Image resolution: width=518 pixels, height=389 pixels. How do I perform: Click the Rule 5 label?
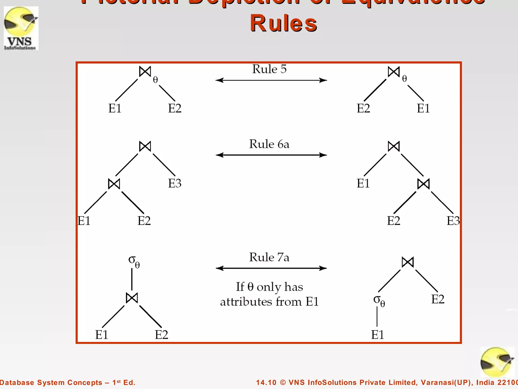(x=269, y=69)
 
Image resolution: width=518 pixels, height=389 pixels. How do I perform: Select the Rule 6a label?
(x=269, y=144)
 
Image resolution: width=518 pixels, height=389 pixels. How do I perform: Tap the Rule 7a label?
(x=269, y=257)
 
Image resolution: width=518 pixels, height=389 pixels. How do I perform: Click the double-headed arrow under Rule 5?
(x=271, y=80)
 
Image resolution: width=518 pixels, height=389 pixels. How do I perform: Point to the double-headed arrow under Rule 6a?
(x=271, y=155)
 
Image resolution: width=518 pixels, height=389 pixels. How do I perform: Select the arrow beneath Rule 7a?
(x=271, y=268)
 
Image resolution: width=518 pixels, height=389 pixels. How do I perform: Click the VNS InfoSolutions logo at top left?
(x=21, y=28)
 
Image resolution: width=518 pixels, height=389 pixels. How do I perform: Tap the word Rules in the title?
(x=284, y=23)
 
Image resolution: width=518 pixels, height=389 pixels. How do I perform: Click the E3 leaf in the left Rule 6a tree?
(x=175, y=183)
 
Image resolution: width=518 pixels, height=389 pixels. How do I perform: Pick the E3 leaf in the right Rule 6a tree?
(x=453, y=221)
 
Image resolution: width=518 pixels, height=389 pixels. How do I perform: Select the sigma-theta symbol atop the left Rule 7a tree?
(x=134, y=261)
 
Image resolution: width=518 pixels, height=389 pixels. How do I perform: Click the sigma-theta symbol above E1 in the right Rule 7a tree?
(x=379, y=301)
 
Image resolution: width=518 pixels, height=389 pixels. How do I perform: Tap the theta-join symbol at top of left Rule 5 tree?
(x=145, y=72)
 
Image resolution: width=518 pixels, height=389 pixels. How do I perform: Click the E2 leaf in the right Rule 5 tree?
(x=363, y=108)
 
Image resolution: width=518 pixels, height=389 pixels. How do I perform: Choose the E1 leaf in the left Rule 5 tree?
(x=115, y=108)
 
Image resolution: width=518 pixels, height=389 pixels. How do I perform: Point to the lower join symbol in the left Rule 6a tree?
(x=114, y=184)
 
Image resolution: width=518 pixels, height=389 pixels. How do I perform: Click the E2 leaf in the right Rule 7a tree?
(x=438, y=299)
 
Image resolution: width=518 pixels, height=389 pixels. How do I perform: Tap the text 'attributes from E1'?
(x=269, y=302)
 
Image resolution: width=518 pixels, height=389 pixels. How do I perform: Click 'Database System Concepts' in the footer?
(x=51, y=382)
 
